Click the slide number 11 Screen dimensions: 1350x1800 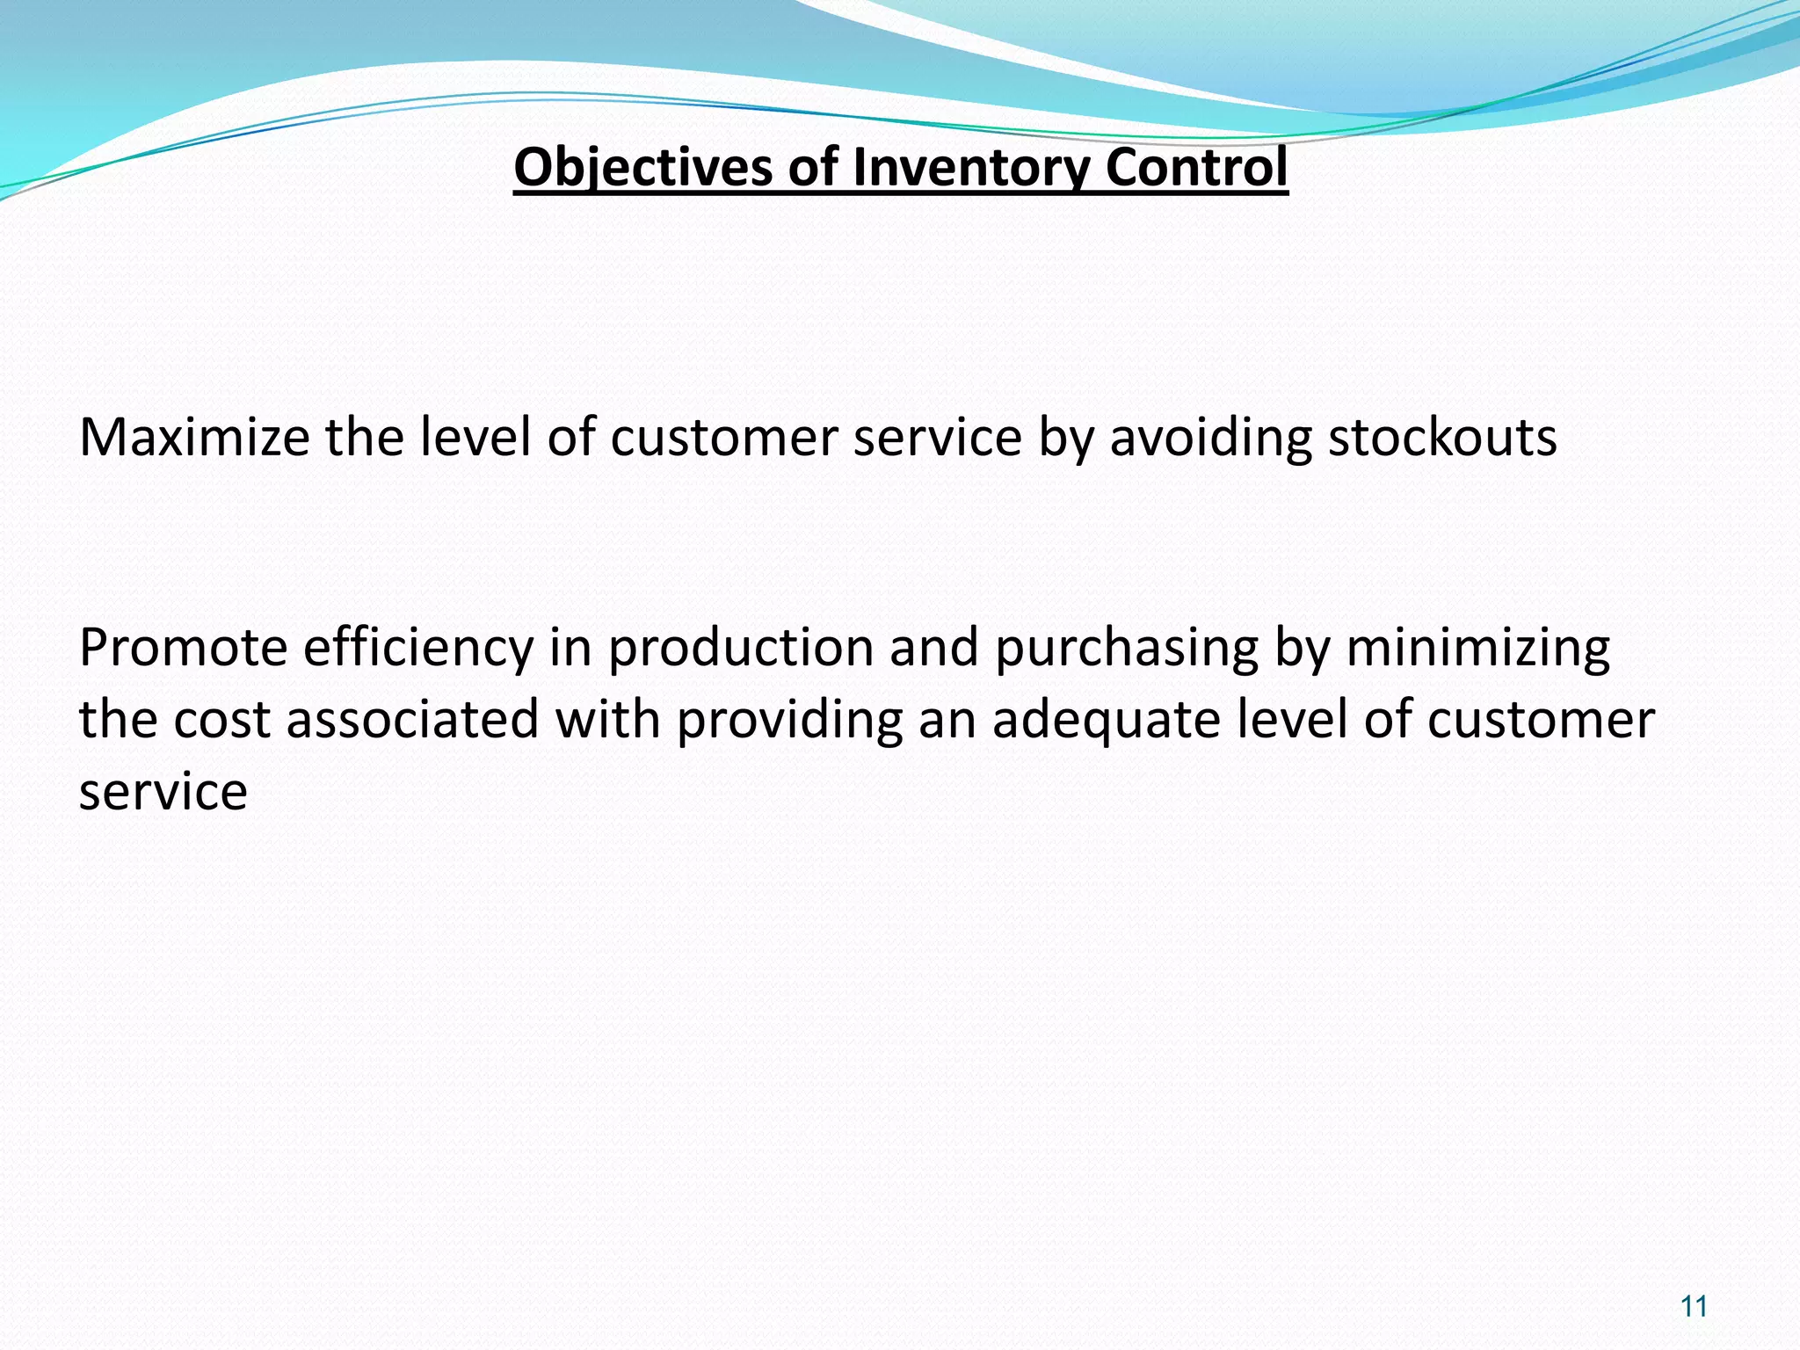[x=1693, y=1307]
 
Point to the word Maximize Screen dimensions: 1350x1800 [x=193, y=438]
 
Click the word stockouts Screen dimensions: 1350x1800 [x=1441, y=438]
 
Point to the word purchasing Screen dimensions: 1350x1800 [x=1126, y=648]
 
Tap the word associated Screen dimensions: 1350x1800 [x=411, y=720]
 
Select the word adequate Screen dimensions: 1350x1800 [x=1106, y=720]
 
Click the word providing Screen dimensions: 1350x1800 [x=788, y=720]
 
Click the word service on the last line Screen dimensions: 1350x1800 [x=163, y=792]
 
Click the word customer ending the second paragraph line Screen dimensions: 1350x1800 [x=1540, y=720]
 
